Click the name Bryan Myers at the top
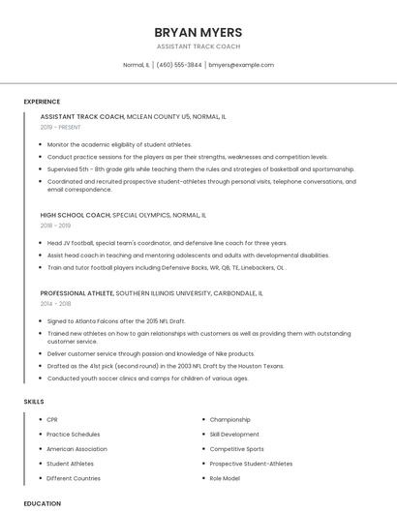coord(198,32)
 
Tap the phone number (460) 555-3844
coord(179,65)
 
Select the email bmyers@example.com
coord(241,65)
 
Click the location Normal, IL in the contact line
coord(136,65)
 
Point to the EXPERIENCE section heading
coord(42,102)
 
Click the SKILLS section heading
coord(34,401)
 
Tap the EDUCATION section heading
coord(42,503)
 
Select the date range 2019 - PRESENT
coord(61,127)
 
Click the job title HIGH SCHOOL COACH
coord(76,215)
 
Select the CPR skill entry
coord(52,420)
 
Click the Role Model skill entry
coord(225,478)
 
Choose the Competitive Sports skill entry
coord(236,449)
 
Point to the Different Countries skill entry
coord(74,478)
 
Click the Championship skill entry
coord(230,420)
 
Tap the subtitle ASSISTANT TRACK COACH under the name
coord(198,46)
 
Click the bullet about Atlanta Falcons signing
coord(116,320)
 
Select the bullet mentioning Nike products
coord(151,354)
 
